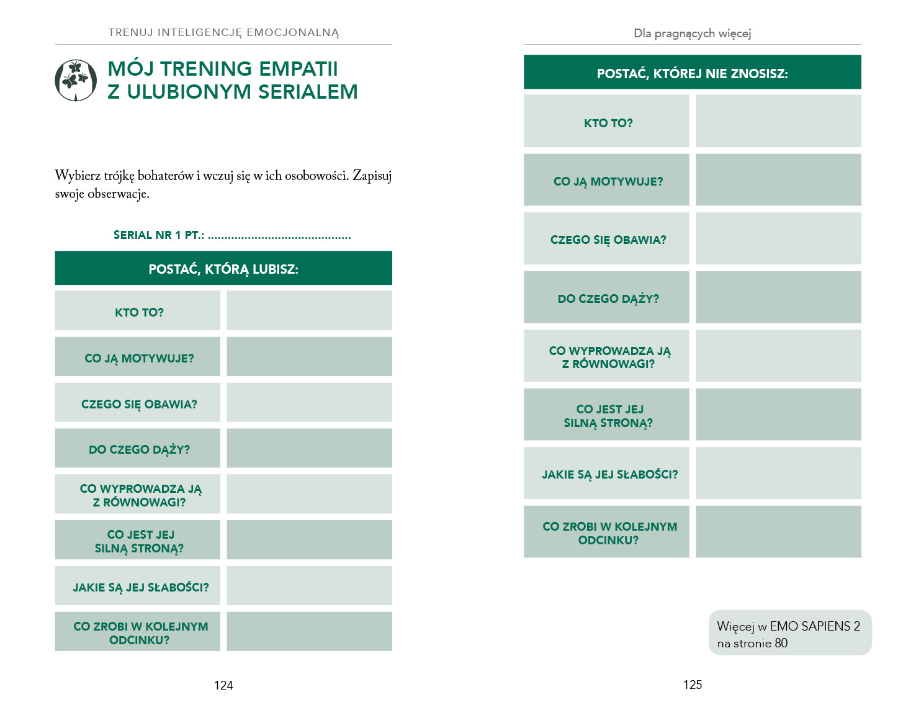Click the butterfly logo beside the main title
[76, 80]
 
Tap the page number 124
[223, 685]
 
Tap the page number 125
[693, 685]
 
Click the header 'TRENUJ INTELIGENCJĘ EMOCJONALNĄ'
[223, 32]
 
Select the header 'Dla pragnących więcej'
[693, 33]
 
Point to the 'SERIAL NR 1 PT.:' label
[159, 235]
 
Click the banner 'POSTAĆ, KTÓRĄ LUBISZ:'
[223, 269]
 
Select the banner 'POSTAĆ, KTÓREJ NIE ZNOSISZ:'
[693, 73]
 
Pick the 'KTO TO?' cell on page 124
[139, 312]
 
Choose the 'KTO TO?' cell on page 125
[608, 123]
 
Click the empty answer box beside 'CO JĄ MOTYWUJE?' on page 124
[309, 357]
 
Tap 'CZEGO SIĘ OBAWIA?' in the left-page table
[139, 404]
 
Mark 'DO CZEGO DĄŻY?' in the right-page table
[608, 299]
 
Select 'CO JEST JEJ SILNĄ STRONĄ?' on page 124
[140, 541]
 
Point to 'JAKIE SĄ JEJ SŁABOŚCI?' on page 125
[609, 474]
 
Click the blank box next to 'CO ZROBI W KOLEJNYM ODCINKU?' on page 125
[778, 532]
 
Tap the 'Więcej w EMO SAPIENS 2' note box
[789, 633]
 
